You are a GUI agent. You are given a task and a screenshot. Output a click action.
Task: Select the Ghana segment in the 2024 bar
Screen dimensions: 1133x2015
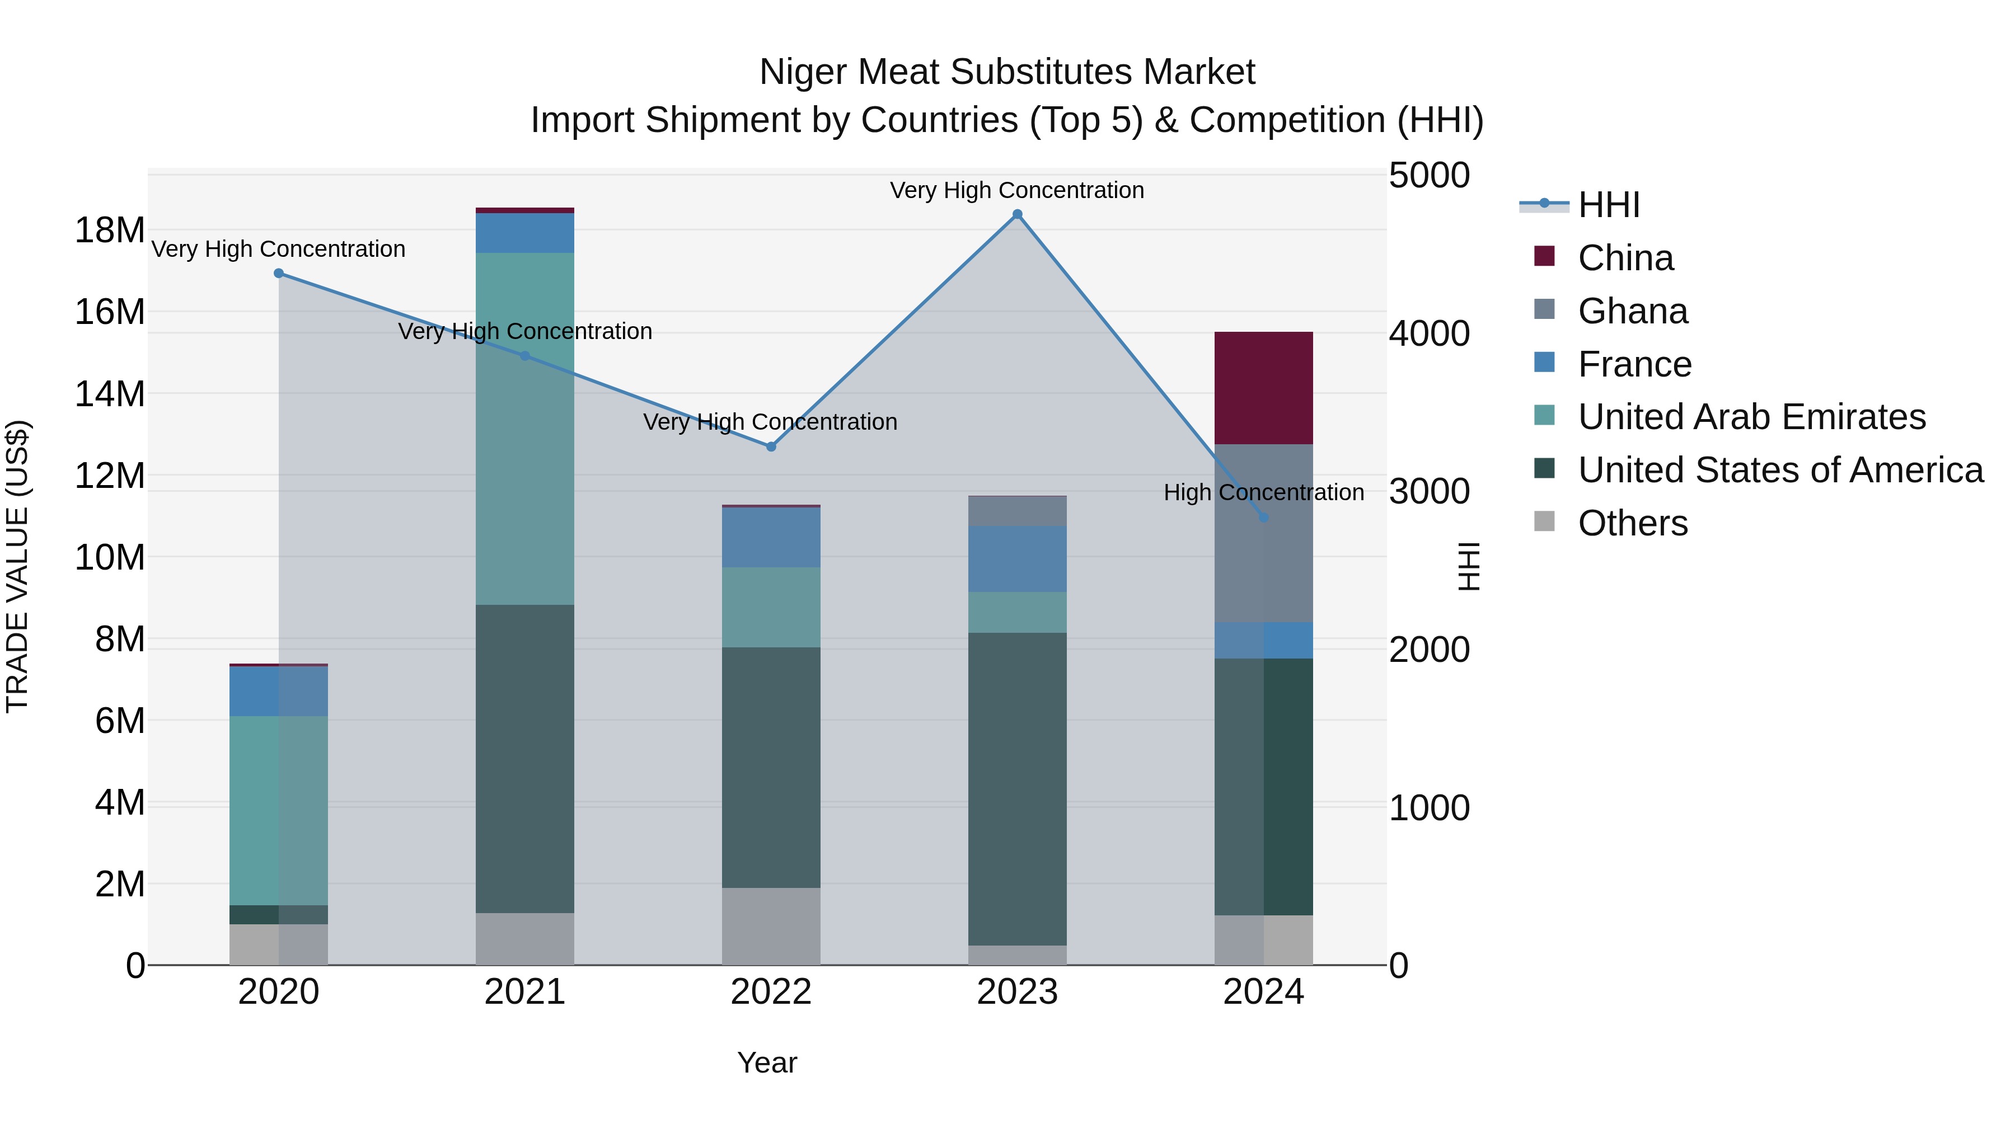(x=1263, y=533)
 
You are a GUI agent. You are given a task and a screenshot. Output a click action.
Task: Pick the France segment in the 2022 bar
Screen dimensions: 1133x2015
(x=771, y=537)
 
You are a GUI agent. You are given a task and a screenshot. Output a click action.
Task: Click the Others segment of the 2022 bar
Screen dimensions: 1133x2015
(x=771, y=926)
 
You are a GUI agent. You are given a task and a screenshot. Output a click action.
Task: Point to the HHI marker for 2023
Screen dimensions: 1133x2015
(x=1017, y=214)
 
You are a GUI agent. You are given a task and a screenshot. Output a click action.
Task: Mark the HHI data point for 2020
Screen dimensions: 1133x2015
(x=279, y=273)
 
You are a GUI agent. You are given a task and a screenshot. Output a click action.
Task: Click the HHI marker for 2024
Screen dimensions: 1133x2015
(x=1263, y=518)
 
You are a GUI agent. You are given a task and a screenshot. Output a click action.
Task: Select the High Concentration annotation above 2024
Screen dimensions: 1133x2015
(x=1263, y=492)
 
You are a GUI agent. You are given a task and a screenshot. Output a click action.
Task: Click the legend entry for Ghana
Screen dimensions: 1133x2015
(x=1633, y=311)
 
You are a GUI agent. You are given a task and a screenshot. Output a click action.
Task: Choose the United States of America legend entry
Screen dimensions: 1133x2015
(x=1779, y=470)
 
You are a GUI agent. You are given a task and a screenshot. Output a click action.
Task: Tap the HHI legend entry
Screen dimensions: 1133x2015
(x=1608, y=205)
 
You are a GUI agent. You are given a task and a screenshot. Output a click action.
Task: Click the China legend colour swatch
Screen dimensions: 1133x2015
(x=1544, y=256)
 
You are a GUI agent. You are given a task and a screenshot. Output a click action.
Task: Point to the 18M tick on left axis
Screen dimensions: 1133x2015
(x=110, y=231)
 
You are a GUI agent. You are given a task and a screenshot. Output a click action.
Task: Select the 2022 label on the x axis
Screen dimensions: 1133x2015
(x=771, y=992)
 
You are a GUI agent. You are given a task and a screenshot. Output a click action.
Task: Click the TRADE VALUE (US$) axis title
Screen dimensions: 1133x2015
(x=17, y=566)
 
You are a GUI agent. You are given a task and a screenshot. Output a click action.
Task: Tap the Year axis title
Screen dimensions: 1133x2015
(x=767, y=1063)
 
